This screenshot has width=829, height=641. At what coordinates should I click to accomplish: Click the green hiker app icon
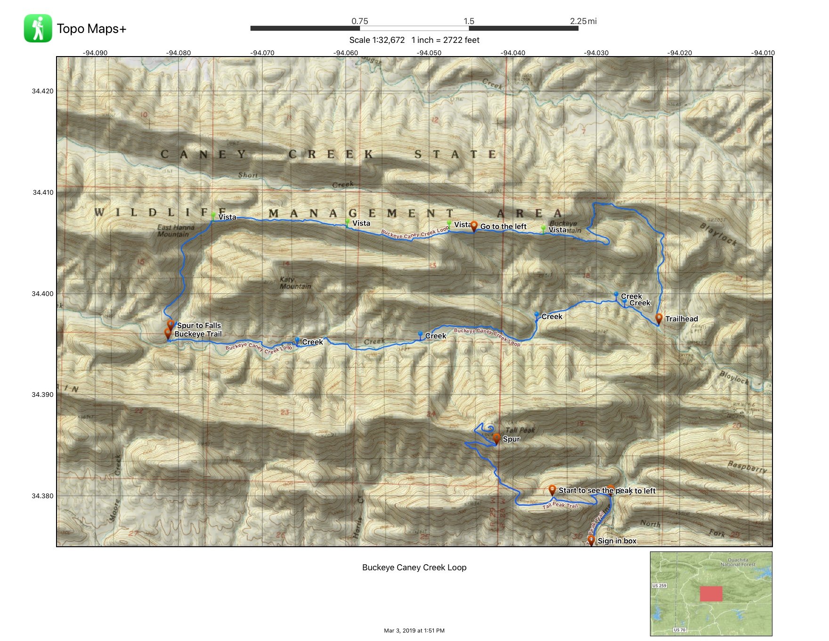pyautogui.click(x=38, y=28)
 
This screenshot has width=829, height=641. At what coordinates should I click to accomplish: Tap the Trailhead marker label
pyautogui.click(x=681, y=319)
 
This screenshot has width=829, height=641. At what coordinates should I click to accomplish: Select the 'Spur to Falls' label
pyautogui.click(x=199, y=325)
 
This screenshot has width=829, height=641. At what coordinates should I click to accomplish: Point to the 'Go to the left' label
pyautogui.click(x=503, y=227)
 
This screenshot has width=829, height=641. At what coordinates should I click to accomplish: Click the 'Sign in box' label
pyautogui.click(x=617, y=541)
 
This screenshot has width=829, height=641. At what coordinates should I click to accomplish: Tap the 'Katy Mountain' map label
pyautogui.click(x=295, y=283)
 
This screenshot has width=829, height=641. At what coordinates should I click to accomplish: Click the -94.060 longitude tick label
pyautogui.click(x=346, y=53)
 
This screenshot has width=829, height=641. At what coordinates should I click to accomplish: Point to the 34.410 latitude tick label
pyautogui.click(x=43, y=192)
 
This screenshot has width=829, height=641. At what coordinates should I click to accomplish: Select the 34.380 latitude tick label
pyautogui.click(x=43, y=496)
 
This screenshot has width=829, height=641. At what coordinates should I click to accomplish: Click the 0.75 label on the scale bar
pyautogui.click(x=359, y=21)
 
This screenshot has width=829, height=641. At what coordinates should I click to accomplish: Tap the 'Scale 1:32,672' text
pyautogui.click(x=377, y=40)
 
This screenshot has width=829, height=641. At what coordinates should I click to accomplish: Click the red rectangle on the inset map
pyautogui.click(x=711, y=594)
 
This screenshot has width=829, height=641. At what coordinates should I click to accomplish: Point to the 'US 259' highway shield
pyautogui.click(x=659, y=586)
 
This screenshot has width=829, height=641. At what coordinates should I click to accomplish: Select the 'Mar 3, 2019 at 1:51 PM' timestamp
pyautogui.click(x=414, y=631)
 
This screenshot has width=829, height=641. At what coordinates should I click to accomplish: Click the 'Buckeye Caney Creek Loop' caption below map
pyautogui.click(x=414, y=567)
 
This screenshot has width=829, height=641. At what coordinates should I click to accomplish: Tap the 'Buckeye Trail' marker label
pyautogui.click(x=198, y=334)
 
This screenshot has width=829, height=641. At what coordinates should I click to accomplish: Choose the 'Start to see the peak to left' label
pyautogui.click(x=607, y=491)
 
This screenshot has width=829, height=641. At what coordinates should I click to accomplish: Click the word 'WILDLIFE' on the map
pyautogui.click(x=160, y=213)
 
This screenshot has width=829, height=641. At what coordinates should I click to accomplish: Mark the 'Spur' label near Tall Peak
pyautogui.click(x=511, y=439)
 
